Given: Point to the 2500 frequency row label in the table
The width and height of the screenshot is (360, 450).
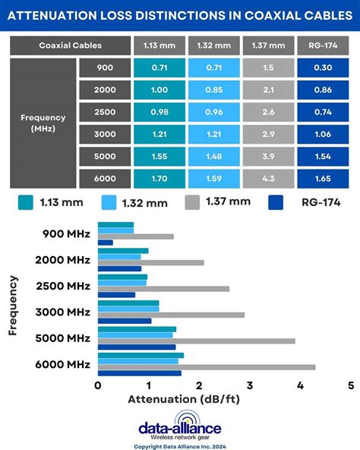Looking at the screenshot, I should (x=105, y=112).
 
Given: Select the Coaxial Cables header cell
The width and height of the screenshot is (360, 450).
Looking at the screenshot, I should (x=70, y=46).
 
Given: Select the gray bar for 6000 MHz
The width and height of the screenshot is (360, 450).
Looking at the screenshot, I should (x=206, y=367).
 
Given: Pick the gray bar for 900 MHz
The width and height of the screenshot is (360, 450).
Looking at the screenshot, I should (x=135, y=236).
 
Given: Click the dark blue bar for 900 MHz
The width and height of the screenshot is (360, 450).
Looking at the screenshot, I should (x=105, y=242).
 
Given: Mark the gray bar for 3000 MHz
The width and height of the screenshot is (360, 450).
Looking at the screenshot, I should (x=171, y=315).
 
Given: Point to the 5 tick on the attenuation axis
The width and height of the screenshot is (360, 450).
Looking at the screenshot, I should (x=350, y=385).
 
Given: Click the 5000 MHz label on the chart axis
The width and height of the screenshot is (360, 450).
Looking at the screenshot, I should (x=62, y=337).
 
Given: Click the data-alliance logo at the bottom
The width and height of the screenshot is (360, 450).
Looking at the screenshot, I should (x=180, y=426).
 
